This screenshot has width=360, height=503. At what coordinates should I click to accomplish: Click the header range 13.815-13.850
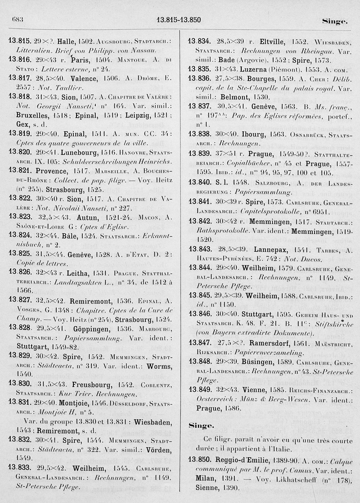179,20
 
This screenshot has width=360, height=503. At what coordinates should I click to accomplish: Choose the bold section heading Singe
201,425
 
